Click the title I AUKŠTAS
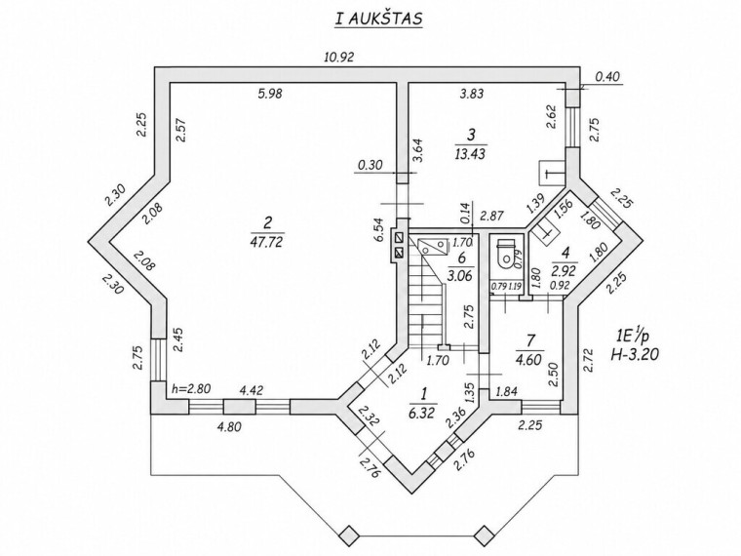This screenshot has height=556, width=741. coord(378,19)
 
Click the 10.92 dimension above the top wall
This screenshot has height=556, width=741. coord(339,58)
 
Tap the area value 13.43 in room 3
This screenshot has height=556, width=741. coord(471,154)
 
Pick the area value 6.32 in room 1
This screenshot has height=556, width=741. coord(423,413)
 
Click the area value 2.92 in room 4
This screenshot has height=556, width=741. coord(565,271)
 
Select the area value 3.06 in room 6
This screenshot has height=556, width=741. coord(461,275)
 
